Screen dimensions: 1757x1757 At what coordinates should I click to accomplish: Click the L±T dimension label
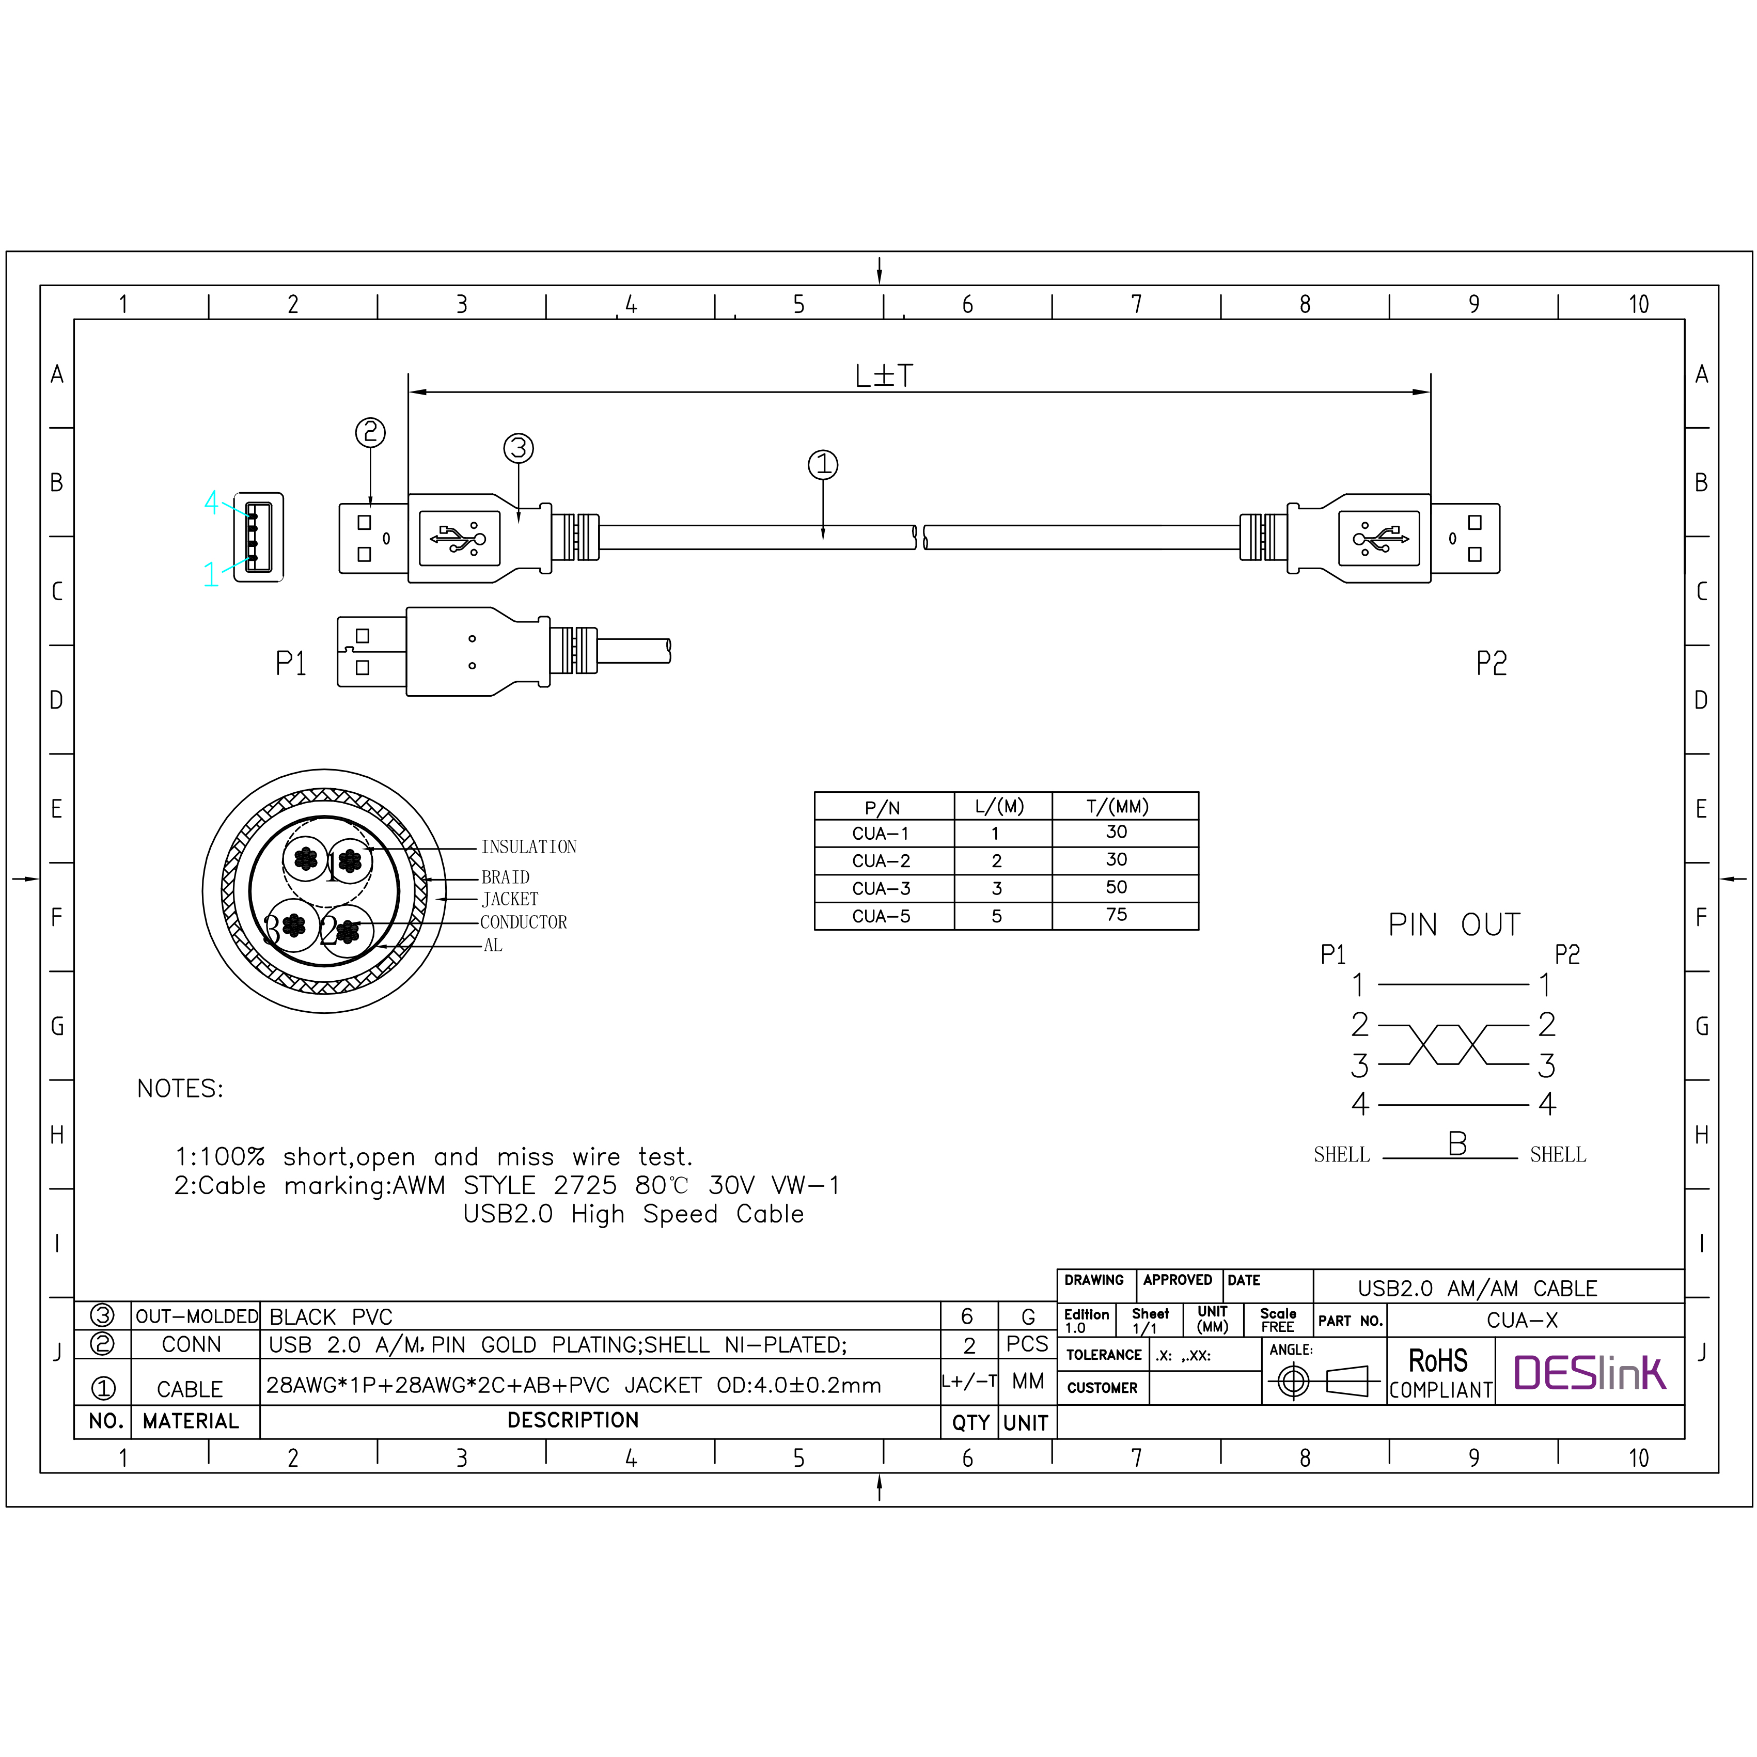[884, 375]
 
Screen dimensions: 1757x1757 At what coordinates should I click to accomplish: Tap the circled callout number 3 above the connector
[519, 448]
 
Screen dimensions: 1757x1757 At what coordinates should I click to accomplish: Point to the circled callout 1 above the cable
[823, 465]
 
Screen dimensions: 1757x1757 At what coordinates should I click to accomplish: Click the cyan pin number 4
[212, 502]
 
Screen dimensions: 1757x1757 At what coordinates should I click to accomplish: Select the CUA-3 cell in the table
[881, 888]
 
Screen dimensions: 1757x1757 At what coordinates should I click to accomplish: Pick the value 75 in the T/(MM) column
[1117, 914]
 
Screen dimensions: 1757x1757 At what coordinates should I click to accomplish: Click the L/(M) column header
[999, 806]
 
